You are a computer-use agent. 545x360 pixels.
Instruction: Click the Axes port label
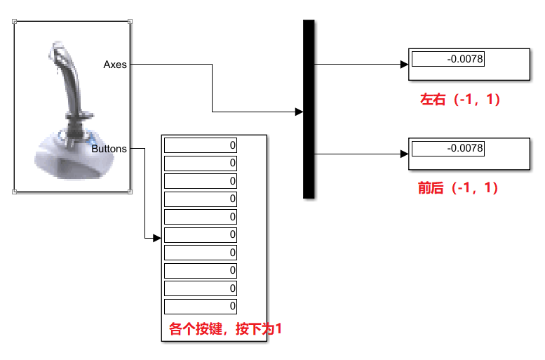(115, 65)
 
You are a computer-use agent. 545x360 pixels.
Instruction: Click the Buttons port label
(109, 149)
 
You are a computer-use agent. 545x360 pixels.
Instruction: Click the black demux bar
(309, 110)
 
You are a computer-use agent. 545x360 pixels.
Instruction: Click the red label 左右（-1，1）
(459, 100)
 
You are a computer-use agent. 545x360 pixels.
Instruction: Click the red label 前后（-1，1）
(457, 188)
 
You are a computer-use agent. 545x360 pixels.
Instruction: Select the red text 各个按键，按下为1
(225, 328)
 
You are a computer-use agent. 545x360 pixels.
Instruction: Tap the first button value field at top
(201, 145)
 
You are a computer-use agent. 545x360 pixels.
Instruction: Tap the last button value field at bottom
(201, 307)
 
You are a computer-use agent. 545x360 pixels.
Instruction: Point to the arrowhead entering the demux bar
(300, 112)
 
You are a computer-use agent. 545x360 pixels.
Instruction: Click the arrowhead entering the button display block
(157, 239)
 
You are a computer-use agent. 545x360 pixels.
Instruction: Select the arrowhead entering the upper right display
(404, 65)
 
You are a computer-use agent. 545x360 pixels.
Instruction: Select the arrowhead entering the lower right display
(404, 153)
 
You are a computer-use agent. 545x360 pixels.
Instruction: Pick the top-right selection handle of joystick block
(130, 22)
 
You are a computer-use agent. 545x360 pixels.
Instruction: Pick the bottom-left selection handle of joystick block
(15, 191)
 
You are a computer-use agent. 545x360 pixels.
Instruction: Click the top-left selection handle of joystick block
(15, 22)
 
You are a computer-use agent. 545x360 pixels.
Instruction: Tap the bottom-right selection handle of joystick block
(130, 191)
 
